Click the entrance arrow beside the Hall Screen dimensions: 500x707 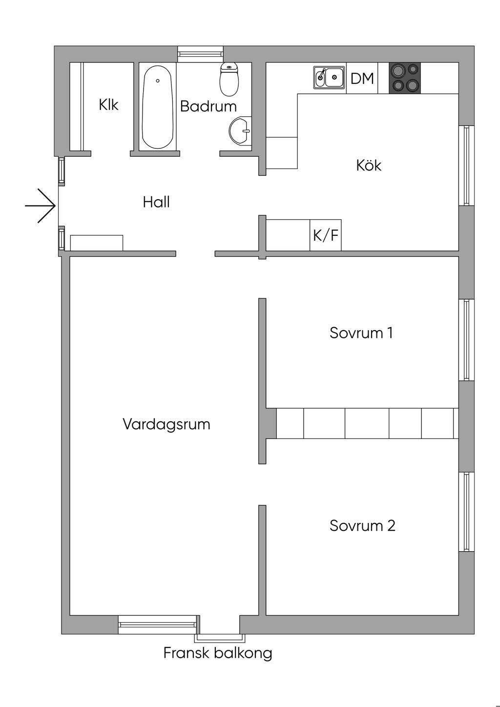(x=41, y=206)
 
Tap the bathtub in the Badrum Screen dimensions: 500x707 (x=158, y=107)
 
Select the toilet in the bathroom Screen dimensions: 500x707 (x=229, y=79)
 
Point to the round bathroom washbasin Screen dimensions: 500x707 (x=240, y=131)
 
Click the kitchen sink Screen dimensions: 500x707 (x=329, y=77)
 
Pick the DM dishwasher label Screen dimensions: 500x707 (x=362, y=78)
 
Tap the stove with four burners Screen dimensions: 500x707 (x=405, y=78)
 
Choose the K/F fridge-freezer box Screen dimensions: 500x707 (x=326, y=235)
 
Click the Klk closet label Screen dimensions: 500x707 (x=108, y=105)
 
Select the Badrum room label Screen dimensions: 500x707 (x=208, y=106)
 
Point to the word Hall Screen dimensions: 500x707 (x=156, y=202)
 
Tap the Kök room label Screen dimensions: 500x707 (x=369, y=165)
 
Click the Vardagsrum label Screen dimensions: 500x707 (x=167, y=424)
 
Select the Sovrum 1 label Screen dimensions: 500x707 (x=361, y=333)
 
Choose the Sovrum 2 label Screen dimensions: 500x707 (x=362, y=525)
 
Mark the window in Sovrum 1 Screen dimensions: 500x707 (x=466, y=340)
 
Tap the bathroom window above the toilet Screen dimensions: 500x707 (x=200, y=54)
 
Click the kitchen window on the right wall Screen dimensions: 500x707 (x=466, y=166)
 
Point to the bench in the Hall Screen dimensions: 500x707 (x=97, y=243)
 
